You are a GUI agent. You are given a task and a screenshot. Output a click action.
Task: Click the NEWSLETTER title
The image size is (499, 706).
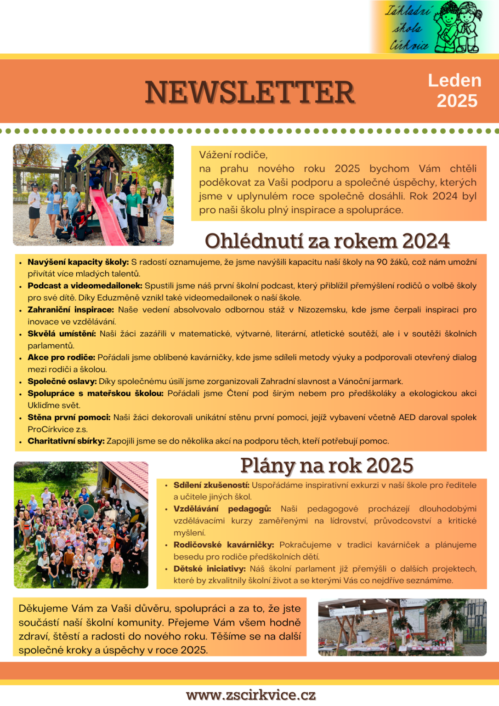pos(250,92)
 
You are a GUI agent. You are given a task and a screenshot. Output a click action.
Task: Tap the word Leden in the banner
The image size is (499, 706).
pos(454,80)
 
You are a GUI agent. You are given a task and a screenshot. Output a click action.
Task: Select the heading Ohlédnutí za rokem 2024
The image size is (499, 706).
pos(327,241)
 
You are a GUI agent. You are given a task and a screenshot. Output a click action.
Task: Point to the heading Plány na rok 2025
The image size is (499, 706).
pos(327,465)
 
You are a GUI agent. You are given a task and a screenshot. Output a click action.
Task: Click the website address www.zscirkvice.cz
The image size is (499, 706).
pos(251,695)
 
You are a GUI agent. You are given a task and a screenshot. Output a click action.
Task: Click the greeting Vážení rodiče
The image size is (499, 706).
pos(233,155)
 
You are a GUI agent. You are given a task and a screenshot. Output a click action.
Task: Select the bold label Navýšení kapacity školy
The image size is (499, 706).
pos(78,262)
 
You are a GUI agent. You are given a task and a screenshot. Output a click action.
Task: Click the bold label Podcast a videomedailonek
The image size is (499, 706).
pos(85,286)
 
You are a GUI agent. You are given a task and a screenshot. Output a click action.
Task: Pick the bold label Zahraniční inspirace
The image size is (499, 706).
pos(71,310)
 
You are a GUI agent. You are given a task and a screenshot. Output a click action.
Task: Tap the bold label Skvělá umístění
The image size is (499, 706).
pos(62,334)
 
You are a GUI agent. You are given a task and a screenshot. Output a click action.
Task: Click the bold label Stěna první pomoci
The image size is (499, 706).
pos(69,417)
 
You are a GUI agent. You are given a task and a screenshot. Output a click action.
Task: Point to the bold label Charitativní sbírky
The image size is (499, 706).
pos(66,441)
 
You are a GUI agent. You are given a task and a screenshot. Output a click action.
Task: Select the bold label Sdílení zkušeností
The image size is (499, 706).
pos(211,485)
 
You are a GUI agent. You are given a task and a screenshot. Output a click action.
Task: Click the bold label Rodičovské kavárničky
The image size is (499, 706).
pos(224,545)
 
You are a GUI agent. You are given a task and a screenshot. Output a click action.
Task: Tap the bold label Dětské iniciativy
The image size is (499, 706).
pos(210,569)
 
